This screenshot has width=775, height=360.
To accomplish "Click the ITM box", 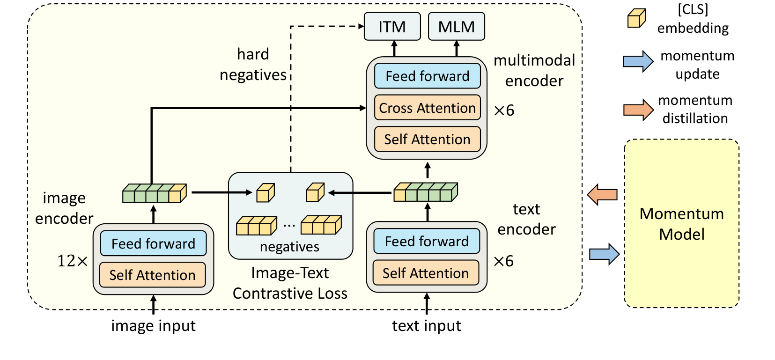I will tap(392, 27).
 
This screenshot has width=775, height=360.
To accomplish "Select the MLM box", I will tap(456, 27).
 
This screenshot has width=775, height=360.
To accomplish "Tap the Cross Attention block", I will tap(427, 108).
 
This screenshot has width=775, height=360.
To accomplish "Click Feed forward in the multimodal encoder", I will tap(427, 76).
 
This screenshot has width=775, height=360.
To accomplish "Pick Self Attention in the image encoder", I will tap(152, 275).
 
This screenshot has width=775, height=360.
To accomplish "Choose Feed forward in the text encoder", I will tap(427, 241).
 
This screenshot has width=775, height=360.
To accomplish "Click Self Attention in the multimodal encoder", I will tap(427, 139).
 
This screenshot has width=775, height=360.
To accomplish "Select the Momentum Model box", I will tap(681, 223).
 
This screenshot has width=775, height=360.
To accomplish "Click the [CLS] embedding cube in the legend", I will tap(636, 19).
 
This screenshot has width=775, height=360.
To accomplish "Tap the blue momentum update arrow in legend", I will tap(638, 61).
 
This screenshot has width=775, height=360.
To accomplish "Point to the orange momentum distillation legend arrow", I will tap(638, 110).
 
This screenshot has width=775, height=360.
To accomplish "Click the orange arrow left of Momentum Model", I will tap(602, 194).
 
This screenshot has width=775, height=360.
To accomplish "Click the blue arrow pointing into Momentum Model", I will tap(604, 254).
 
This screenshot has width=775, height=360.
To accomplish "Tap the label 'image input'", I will tap(153, 325).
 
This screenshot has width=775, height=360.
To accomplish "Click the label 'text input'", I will tap(426, 325).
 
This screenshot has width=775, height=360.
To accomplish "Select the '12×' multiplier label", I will tap(72, 261).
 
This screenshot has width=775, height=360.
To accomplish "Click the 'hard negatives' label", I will tap(253, 65).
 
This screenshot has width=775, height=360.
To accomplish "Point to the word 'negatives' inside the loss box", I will tap(289, 247).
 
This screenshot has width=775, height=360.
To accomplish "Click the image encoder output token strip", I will tap(154, 193).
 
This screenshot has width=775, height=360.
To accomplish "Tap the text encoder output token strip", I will tap(425, 192).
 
